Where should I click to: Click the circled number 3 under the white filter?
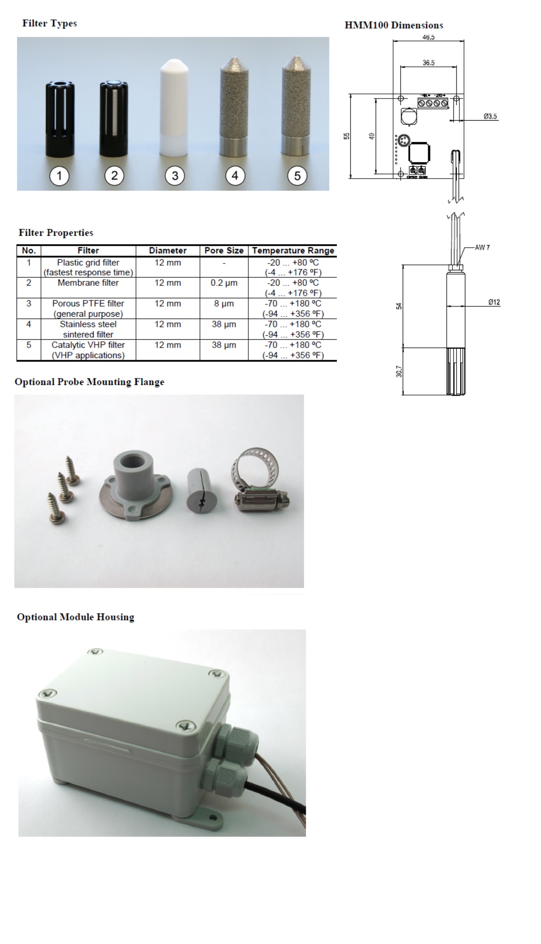click(x=175, y=175)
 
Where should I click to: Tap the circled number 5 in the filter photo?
click(x=297, y=175)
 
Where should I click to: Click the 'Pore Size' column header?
click(x=224, y=251)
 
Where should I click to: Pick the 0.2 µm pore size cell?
click(x=224, y=283)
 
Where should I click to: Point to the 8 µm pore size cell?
click(x=224, y=303)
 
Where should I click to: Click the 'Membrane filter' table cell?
click(x=88, y=283)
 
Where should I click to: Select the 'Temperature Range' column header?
click(x=293, y=251)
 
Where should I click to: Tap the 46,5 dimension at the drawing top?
click(x=429, y=37)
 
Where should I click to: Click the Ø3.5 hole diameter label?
click(x=490, y=117)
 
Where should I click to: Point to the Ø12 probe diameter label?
click(x=494, y=302)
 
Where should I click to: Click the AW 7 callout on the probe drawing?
click(x=482, y=248)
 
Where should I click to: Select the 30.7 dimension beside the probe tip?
click(x=399, y=371)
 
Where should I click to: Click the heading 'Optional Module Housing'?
click(x=76, y=617)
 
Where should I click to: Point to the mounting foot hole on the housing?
click(x=213, y=818)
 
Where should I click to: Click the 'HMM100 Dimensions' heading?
click(x=394, y=25)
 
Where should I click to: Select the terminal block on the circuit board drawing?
click(x=433, y=102)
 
